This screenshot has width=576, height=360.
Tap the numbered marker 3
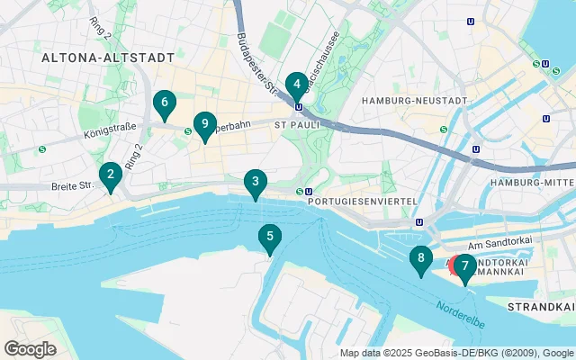tap(256, 184)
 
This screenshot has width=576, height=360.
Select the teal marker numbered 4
tap(295, 86)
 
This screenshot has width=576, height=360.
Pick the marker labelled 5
tap(268, 238)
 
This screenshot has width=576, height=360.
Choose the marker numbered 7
tap(464, 266)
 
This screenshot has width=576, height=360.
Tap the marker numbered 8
tap(420, 259)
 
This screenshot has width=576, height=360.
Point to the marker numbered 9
tap(205, 124)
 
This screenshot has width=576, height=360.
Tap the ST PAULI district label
tap(292, 125)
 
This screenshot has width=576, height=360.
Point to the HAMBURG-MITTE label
tap(531, 184)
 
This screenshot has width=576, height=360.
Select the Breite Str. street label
tap(74, 186)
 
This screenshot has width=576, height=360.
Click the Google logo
tap(30, 348)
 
